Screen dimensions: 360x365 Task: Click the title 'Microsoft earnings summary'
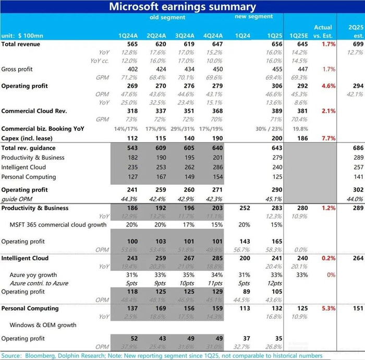182,7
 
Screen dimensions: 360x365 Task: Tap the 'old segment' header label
167,17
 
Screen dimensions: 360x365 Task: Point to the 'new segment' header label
254,17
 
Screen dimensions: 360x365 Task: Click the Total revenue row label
21,44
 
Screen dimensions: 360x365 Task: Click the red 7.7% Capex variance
326,138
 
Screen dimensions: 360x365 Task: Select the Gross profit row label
18,69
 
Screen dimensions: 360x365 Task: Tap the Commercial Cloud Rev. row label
34,111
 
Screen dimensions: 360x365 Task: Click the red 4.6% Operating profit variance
326,86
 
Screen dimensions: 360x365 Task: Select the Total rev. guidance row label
29,149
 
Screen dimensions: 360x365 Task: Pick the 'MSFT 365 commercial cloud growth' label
58,225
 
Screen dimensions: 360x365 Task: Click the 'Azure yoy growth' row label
33,275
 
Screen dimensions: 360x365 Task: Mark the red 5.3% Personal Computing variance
326,308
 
